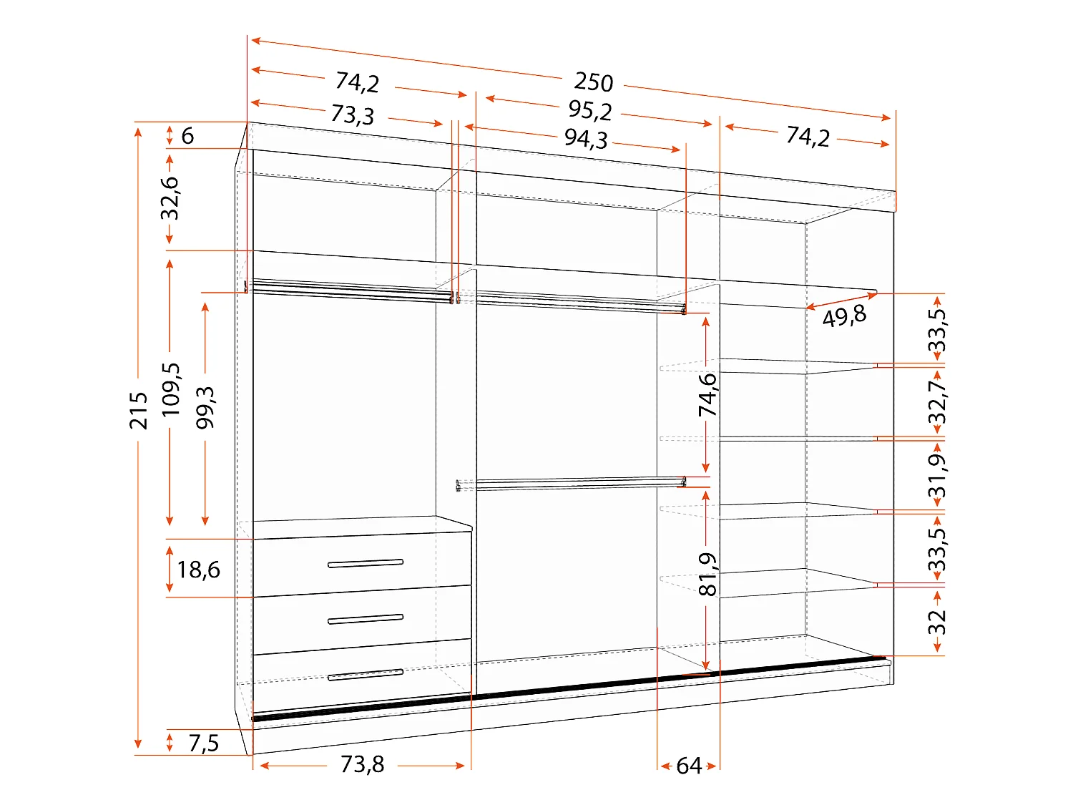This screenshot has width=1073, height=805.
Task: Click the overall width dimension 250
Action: coord(593,82)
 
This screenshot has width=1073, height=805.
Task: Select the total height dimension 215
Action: coord(139,410)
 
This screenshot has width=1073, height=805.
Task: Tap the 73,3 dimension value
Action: coord(352,114)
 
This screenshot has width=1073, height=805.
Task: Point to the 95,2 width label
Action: coord(590,110)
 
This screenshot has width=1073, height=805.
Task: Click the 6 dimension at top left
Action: coord(187,135)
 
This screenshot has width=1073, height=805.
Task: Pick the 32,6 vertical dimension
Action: coord(170,198)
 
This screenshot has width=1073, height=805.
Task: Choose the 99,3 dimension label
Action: coord(205,407)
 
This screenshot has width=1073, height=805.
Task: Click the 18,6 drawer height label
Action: coord(198,570)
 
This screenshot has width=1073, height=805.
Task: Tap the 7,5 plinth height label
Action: coord(203,743)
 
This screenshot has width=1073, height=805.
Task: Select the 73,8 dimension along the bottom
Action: coord(362,764)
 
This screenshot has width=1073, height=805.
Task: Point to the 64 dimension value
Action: coord(688,766)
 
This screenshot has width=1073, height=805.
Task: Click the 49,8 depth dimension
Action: coord(844,316)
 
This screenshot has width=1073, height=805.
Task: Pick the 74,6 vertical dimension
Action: coord(707,394)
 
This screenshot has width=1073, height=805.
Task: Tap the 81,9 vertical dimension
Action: coord(707,574)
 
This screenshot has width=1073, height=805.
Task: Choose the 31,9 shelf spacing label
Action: coord(936,475)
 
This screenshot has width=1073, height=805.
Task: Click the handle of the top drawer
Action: coord(365,564)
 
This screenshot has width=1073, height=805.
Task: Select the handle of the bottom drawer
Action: coord(365,674)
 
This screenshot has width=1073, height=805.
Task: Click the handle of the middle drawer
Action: coord(365,619)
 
